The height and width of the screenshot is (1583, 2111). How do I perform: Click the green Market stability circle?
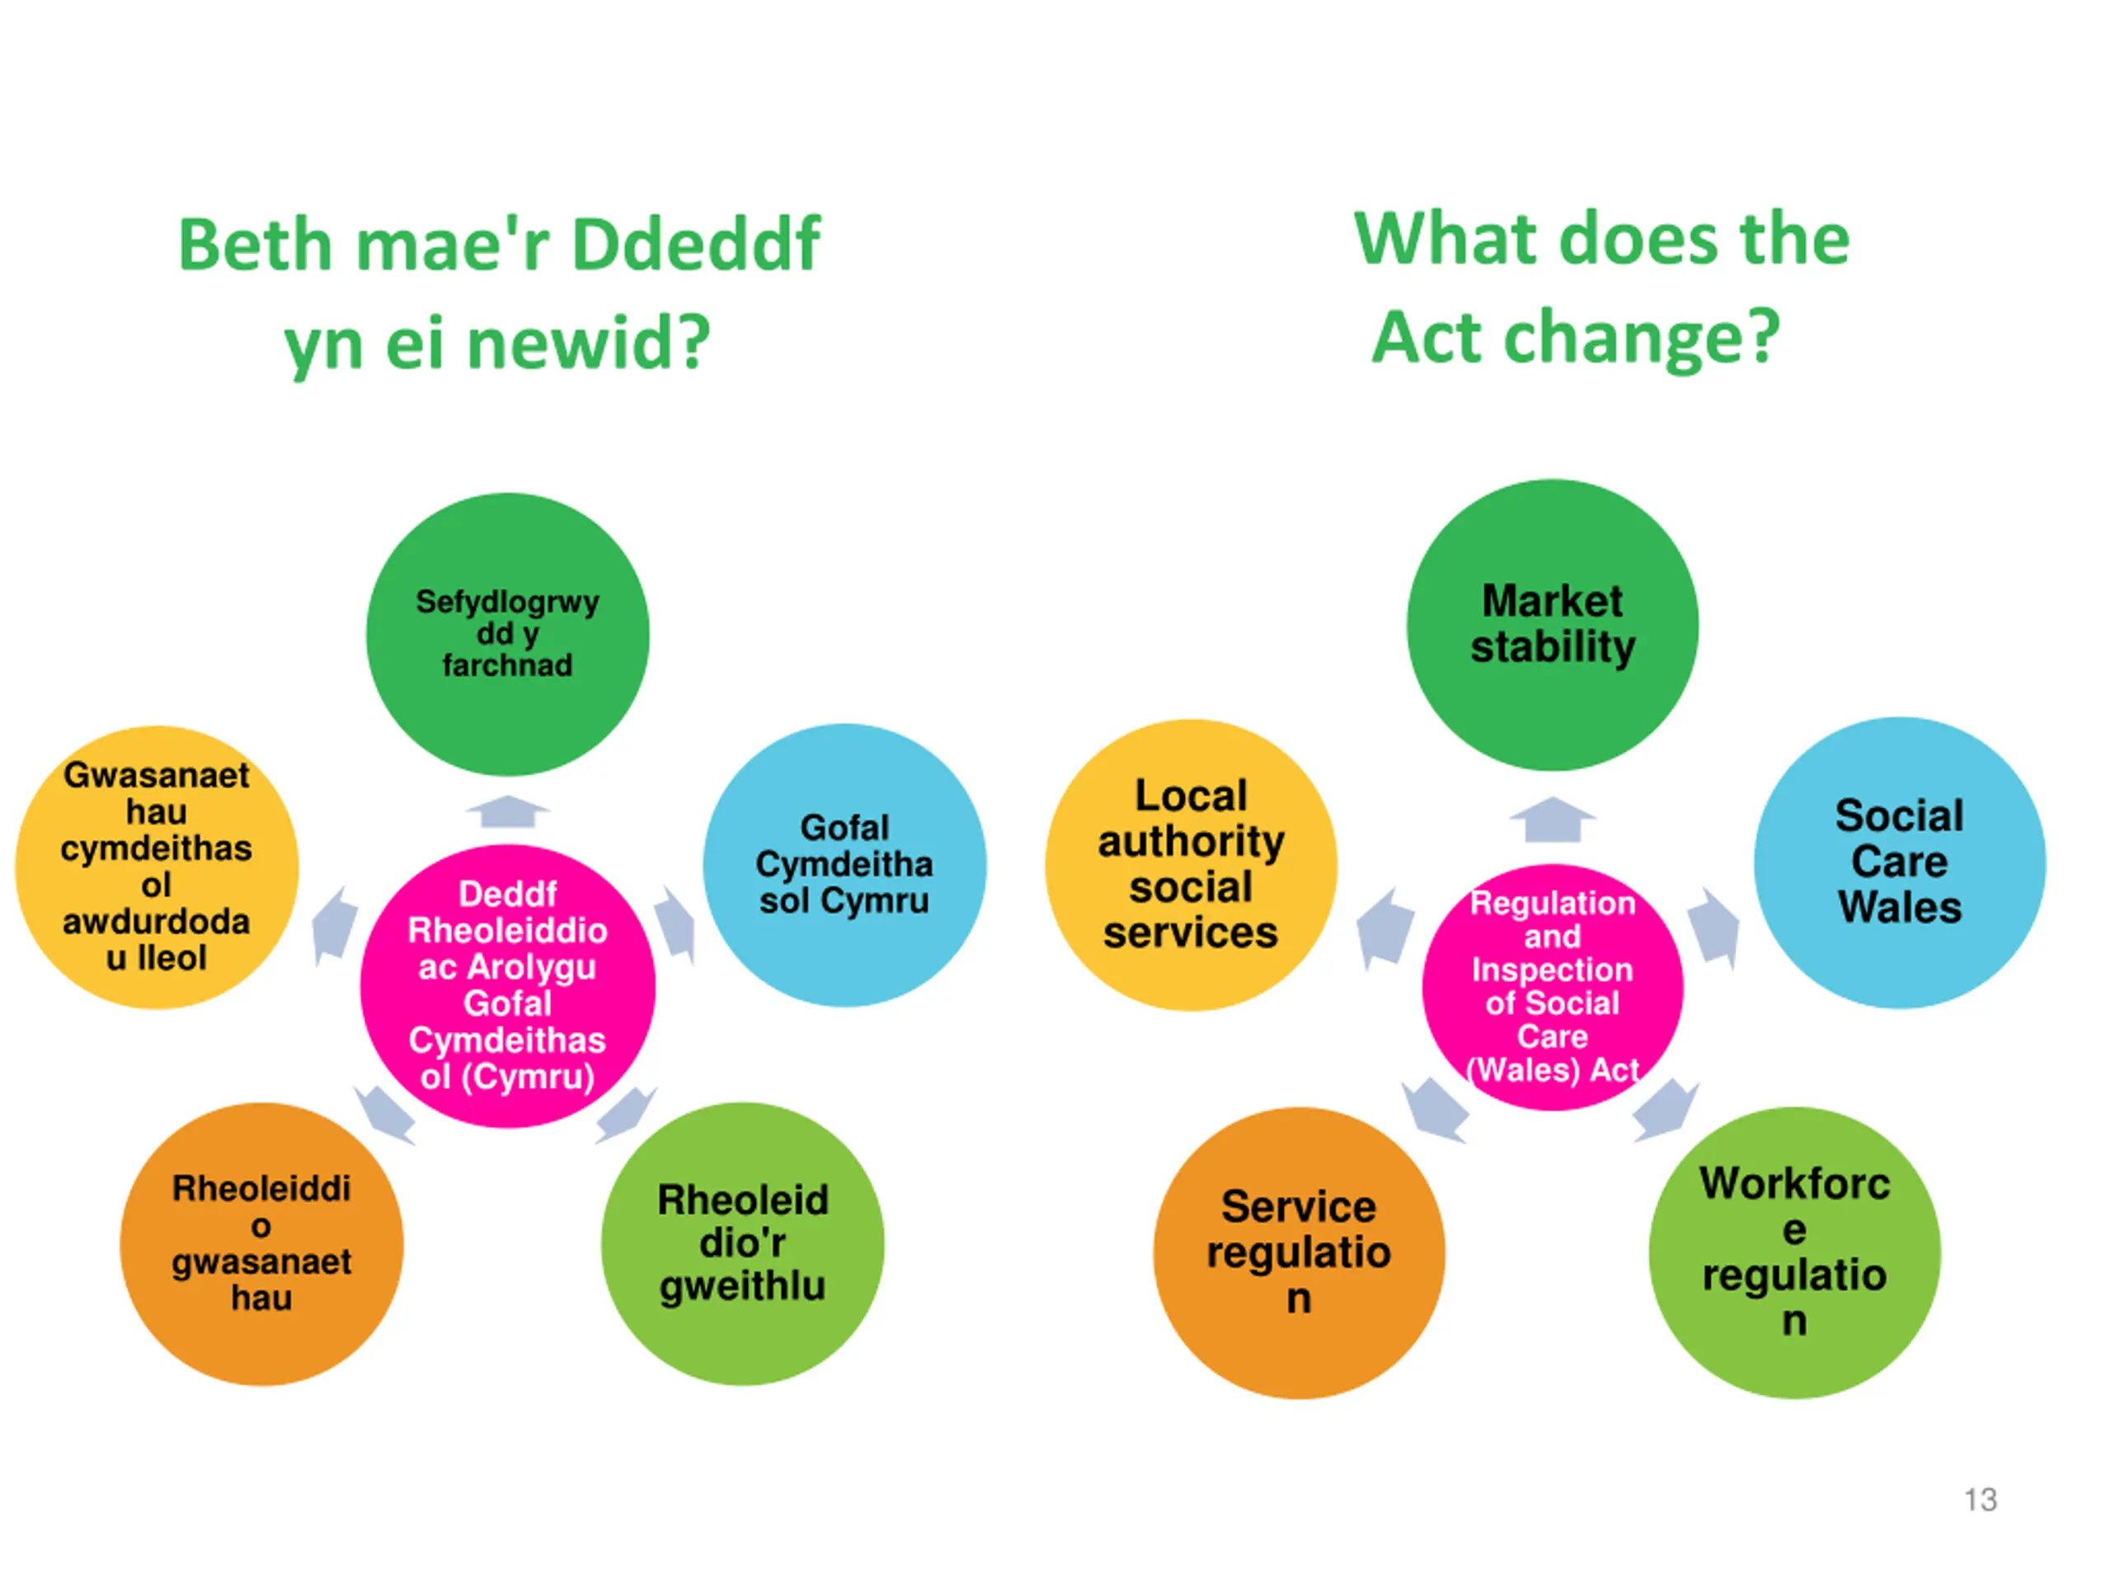pyautogui.click(x=1552, y=625)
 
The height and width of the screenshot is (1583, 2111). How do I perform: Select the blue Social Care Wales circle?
pyautogui.click(x=1899, y=862)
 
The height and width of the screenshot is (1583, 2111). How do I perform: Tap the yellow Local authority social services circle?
pyautogui.click(x=1190, y=865)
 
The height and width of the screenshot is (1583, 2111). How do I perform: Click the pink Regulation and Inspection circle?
pyautogui.click(x=1552, y=986)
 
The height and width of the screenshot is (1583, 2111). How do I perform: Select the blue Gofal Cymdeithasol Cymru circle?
pyautogui.click(x=844, y=865)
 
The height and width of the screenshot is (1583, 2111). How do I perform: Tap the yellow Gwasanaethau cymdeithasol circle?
pyautogui.click(x=157, y=867)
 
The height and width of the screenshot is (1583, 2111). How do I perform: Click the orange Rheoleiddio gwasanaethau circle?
pyautogui.click(x=261, y=1243)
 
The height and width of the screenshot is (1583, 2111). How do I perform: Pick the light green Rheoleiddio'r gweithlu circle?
pyautogui.click(x=742, y=1243)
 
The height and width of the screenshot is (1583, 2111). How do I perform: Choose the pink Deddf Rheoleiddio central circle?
pyautogui.click(x=507, y=986)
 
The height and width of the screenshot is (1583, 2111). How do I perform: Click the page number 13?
pyautogui.click(x=1980, y=1499)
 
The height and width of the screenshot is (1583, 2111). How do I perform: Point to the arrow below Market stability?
pyautogui.click(x=1553, y=820)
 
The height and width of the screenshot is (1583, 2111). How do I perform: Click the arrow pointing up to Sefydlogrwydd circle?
pyautogui.click(x=508, y=812)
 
